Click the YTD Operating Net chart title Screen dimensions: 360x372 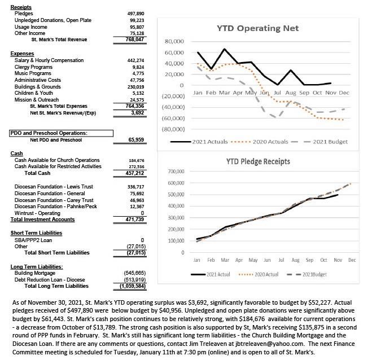258,28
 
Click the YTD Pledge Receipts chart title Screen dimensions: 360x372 259,161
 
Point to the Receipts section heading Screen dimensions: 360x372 21,5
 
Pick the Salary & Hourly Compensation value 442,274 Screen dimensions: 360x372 137,60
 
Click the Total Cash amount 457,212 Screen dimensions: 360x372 137,173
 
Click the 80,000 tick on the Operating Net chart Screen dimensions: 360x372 174,42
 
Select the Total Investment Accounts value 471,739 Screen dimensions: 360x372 137,219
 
